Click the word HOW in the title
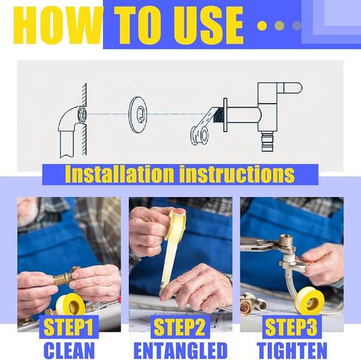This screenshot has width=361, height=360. point(58,25)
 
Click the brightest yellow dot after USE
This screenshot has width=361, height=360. point(262,26)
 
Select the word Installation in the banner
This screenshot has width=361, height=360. point(119,174)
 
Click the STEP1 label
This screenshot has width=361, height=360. point(69,327)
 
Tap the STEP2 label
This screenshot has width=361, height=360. point(180,327)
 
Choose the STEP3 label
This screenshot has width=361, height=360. point(291,327)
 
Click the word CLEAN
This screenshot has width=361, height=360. point(70,350)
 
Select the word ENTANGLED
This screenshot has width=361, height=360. point(180,350)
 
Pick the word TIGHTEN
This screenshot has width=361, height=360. point(292,350)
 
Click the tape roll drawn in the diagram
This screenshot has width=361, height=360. point(200,135)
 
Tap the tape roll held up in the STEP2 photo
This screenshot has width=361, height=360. point(178,221)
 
